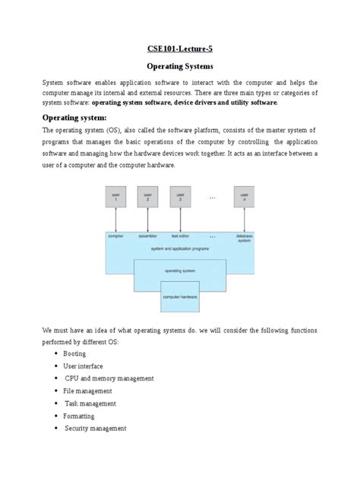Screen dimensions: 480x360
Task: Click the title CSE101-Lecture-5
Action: click(x=180, y=47)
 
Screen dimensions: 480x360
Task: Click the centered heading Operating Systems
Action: click(x=180, y=65)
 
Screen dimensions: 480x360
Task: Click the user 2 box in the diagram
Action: click(x=147, y=196)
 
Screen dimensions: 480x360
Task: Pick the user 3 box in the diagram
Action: click(x=179, y=196)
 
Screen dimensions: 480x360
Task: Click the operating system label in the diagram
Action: click(x=179, y=269)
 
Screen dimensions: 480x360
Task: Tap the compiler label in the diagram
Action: click(x=116, y=236)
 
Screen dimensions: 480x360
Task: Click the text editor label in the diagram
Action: click(x=179, y=236)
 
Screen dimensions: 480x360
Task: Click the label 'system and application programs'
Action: click(x=179, y=248)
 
